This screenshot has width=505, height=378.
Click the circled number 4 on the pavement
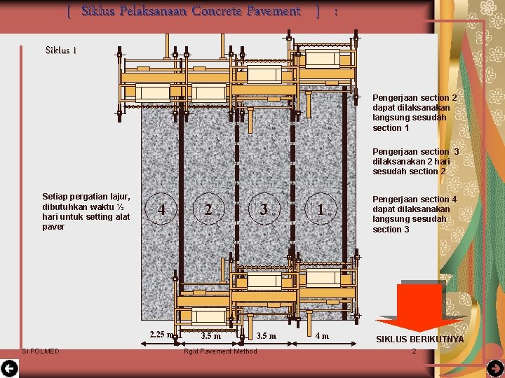pyautogui.click(x=161, y=209)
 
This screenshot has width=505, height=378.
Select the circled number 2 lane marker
pyautogui.click(x=209, y=209)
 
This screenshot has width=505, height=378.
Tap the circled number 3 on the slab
pyautogui.click(x=264, y=209)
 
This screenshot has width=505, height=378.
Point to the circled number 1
pyautogui.click(x=321, y=209)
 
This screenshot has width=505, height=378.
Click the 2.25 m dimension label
pyautogui.click(x=162, y=335)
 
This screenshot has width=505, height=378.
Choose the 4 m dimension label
pyautogui.click(x=322, y=336)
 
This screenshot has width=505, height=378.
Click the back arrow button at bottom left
pyautogui.click(x=9, y=368)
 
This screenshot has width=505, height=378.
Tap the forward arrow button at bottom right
pyautogui.click(x=496, y=368)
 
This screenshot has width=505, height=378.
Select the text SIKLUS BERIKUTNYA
pyautogui.click(x=420, y=339)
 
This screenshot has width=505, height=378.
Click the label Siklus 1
pyautogui.click(x=61, y=50)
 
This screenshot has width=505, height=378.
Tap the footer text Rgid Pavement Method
pyautogui.click(x=220, y=351)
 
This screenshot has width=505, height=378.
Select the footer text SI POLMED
pyautogui.click(x=41, y=351)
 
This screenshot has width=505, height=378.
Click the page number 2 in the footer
pyautogui.click(x=415, y=351)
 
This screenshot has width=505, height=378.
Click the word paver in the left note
pyautogui.click(x=53, y=227)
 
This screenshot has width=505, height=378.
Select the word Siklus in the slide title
pyautogui.click(x=98, y=11)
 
